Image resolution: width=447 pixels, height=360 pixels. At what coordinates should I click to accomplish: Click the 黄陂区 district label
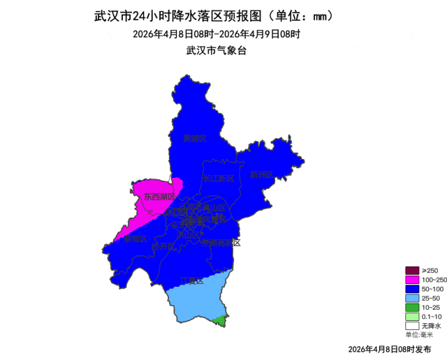point(195,138)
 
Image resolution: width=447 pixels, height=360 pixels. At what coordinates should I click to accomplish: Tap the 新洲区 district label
point(261,174)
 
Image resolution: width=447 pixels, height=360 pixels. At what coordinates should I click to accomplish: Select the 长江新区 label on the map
point(219,179)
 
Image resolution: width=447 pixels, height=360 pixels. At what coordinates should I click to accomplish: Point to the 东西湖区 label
point(159,197)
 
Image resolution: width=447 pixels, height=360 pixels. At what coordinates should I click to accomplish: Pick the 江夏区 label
point(191,281)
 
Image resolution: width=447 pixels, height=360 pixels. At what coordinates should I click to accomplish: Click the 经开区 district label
point(162,246)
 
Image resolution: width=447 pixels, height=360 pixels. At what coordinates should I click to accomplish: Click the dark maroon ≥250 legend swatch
point(412,271)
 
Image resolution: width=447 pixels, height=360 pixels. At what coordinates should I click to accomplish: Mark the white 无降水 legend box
point(412,325)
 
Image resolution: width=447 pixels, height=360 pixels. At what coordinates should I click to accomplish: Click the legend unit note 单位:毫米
point(419,334)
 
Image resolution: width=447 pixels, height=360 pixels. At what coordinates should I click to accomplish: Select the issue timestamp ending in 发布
point(389,348)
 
